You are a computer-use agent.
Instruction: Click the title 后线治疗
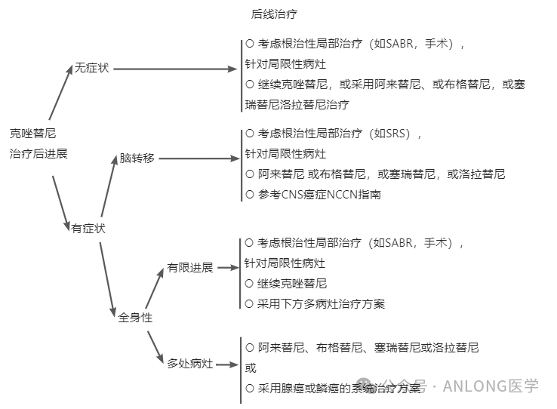(279, 14)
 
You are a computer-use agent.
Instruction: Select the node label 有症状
(88, 229)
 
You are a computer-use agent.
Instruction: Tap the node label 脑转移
(137, 158)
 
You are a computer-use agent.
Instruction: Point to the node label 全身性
(135, 318)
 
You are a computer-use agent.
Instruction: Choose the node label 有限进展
(190, 268)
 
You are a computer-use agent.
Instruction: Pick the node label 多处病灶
(190, 364)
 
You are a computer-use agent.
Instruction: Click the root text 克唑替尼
(32, 134)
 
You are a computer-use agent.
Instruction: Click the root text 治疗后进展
(38, 154)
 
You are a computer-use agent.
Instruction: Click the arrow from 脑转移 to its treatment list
(198, 158)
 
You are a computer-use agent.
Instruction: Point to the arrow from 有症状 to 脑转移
(109, 192)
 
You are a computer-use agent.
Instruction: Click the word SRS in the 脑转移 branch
(395, 134)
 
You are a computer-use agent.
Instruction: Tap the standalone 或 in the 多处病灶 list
(251, 368)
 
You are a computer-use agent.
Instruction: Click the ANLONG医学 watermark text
(491, 386)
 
